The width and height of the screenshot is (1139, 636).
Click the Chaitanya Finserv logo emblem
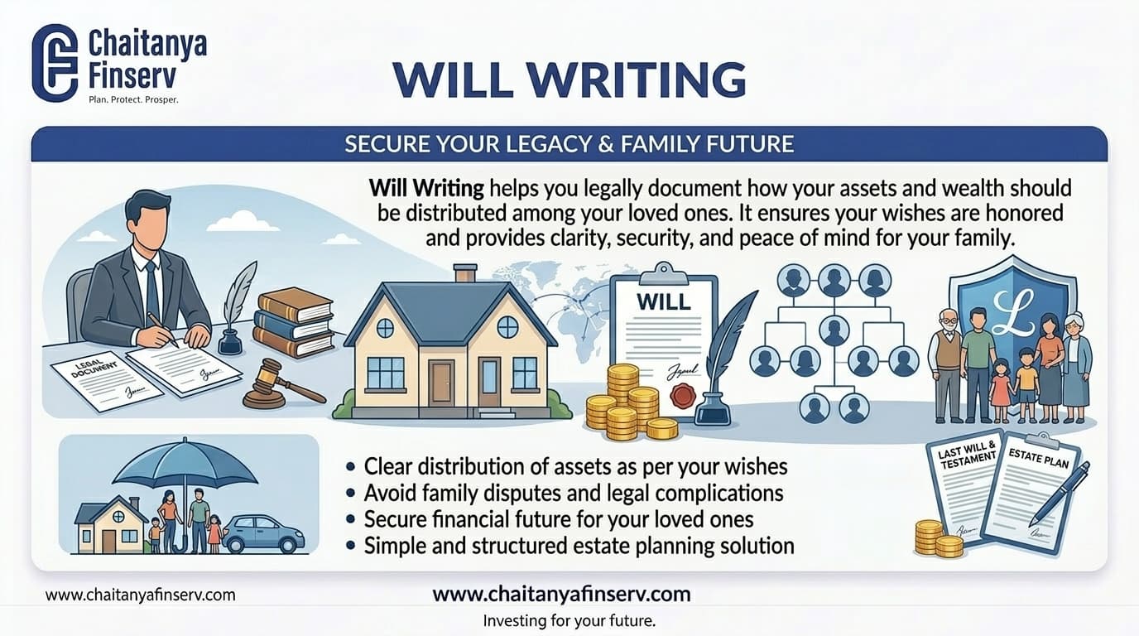click(55, 63)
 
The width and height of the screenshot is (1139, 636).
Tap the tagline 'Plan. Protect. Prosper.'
click(133, 99)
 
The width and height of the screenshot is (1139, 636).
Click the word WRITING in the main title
click(632, 79)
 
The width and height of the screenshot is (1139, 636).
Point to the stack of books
click(294, 322)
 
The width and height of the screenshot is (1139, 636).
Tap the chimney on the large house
click(465, 273)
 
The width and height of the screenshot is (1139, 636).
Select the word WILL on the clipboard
click(663, 301)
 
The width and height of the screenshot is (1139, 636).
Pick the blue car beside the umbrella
click(262, 534)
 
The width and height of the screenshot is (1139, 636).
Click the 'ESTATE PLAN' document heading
click(1039, 457)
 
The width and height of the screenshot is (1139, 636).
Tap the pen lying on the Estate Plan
click(1060, 494)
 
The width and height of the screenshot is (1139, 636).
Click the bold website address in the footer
click(561, 594)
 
